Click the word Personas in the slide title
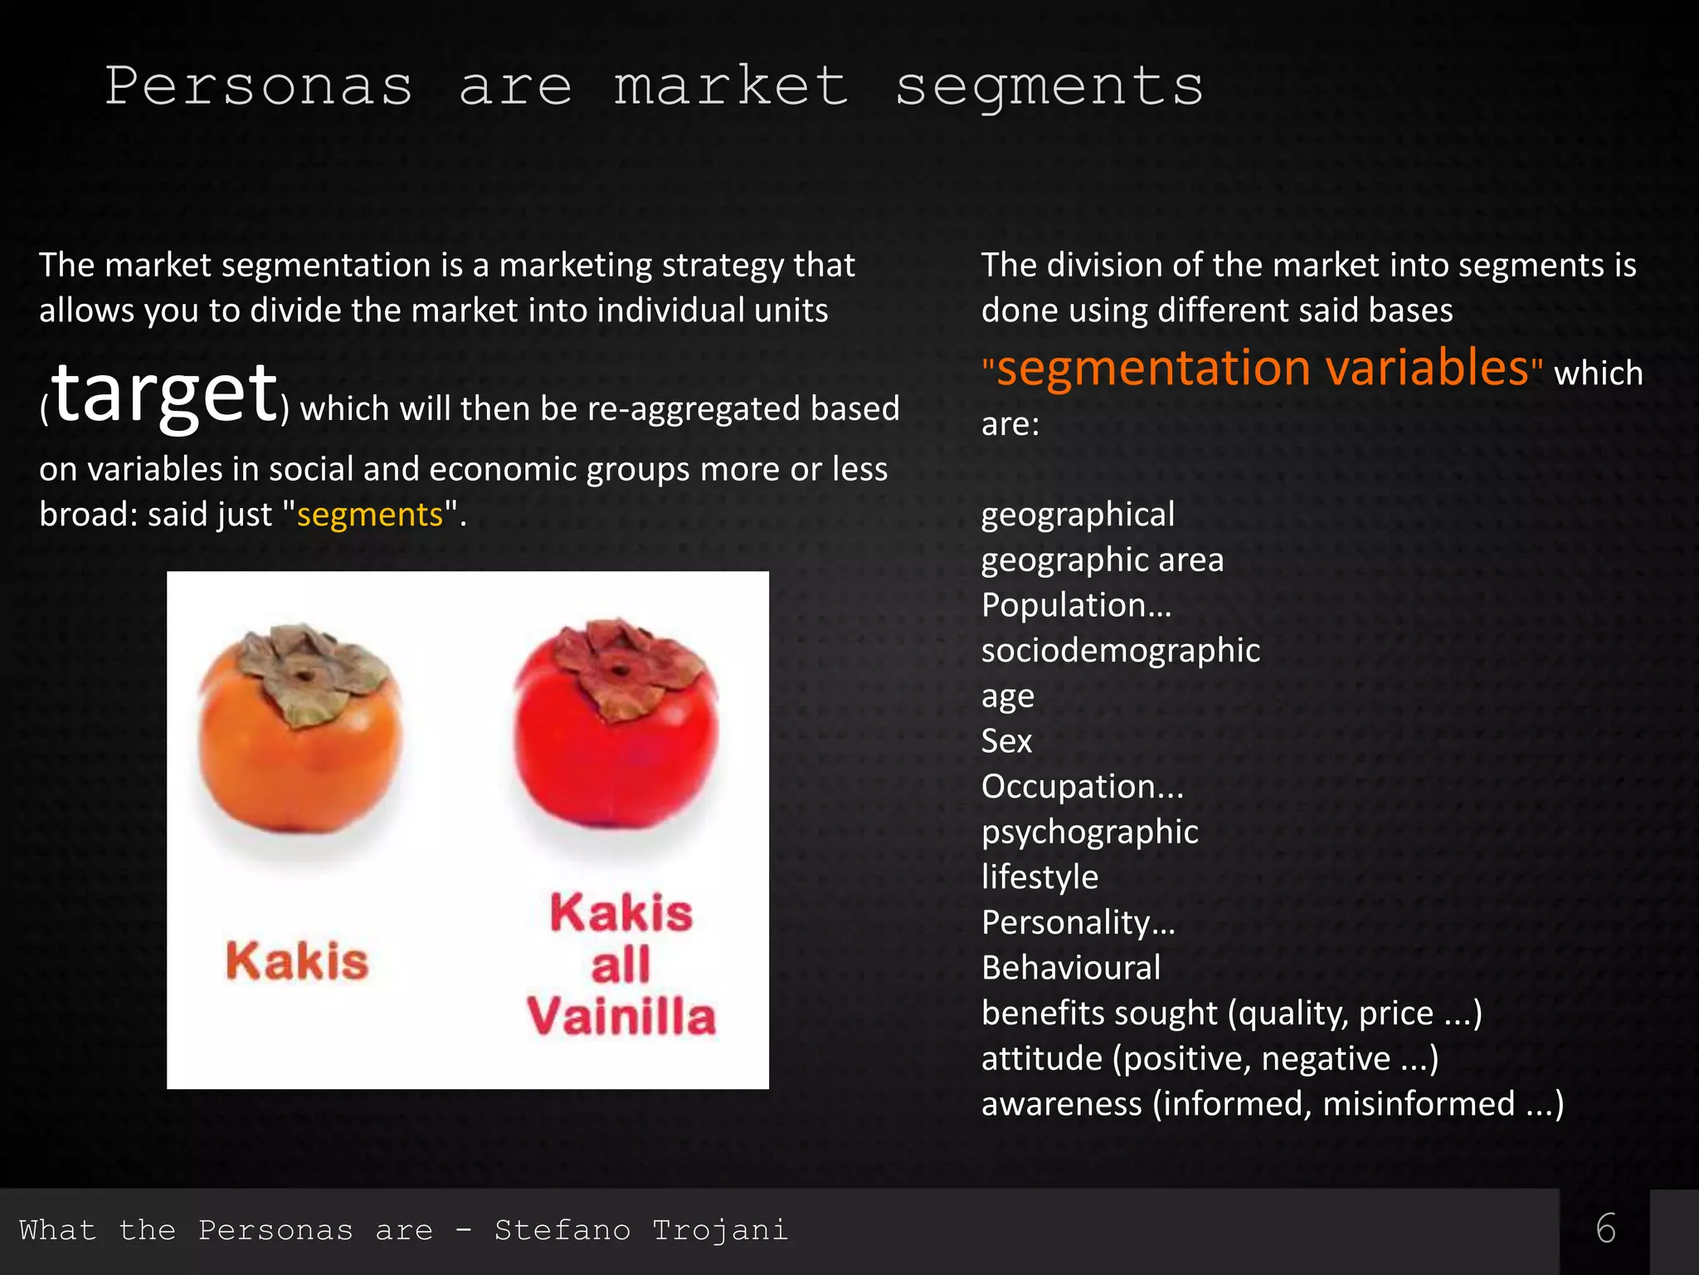pos(258,86)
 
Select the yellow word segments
pos(370,515)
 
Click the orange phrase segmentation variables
pos(1262,368)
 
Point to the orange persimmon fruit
pos(300,747)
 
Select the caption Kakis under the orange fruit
pos(297,961)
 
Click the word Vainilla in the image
pos(621,1016)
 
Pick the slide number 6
pos(1605,1229)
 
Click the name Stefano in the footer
pos(562,1230)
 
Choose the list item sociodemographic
pos(1120,651)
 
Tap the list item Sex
pos(1006,741)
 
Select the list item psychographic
pos(1089,832)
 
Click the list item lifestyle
pos(1039,877)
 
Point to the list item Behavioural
pos(1071,968)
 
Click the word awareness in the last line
pos(1061,1104)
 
